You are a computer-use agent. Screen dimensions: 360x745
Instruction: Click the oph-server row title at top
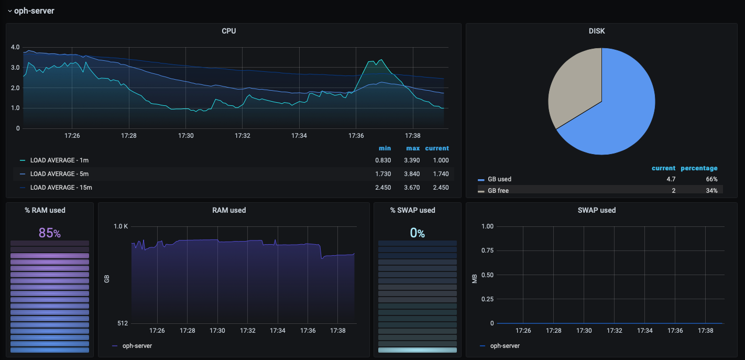(x=34, y=11)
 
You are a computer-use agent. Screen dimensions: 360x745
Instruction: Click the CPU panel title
(x=229, y=31)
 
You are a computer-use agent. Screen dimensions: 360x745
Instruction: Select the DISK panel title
(x=597, y=31)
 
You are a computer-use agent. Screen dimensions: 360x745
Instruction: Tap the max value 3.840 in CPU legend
(x=412, y=174)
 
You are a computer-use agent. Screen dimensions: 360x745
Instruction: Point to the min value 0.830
(x=383, y=160)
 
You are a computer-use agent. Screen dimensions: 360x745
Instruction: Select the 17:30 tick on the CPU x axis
(x=185, y=136)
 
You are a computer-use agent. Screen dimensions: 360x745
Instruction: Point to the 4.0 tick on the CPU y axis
(x=15, y=47)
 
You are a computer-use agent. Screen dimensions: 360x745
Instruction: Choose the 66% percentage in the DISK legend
(x=711, y=179)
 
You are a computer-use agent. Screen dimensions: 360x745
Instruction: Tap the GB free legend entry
(x=498, y=191)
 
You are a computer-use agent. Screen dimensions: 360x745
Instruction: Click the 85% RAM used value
(x=50, y=233)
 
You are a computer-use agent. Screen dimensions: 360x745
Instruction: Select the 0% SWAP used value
(x=417, y=233)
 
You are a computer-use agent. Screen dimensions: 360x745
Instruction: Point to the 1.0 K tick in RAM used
(x=121, y=226)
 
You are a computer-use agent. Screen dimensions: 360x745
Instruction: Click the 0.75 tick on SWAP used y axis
(x=487, y=250)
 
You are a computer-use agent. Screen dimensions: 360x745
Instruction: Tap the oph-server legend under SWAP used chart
(x=505, y=346)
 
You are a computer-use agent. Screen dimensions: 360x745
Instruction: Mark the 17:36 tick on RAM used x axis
(x=308, y=331)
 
